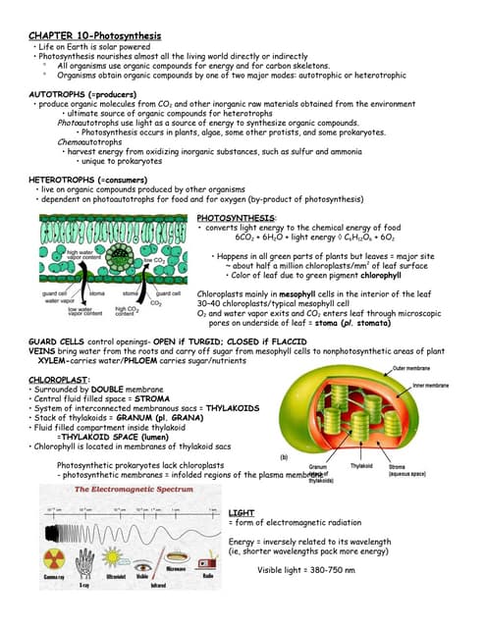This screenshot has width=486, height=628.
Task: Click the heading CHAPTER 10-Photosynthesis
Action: pyautogui.click(x=94, y=35)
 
